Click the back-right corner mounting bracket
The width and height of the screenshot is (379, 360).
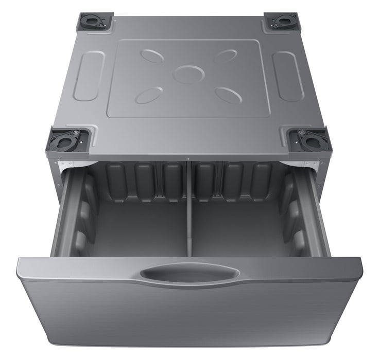pos(282,21)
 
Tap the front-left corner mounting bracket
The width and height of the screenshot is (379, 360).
pos(68,140)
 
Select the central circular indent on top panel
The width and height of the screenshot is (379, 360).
pos(189,74)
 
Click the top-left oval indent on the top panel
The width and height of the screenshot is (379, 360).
pos(152,56)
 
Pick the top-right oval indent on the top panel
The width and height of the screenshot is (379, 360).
pos(225,56)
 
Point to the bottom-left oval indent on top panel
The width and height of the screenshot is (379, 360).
pos(149,95)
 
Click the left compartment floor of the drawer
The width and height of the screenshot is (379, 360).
pos(139,226)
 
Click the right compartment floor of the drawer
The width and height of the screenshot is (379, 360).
pos(239,226)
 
